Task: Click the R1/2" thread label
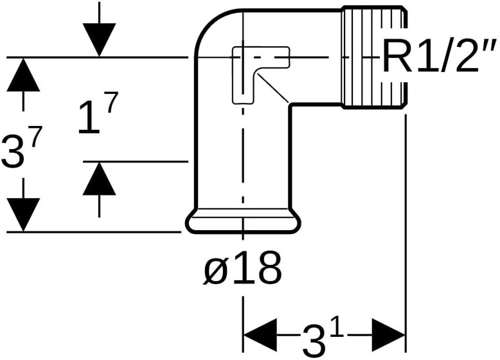[440, 59]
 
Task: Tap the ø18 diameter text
[242, 269]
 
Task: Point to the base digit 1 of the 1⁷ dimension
[88, 120]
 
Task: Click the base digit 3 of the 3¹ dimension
[313, 339]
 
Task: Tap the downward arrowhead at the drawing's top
[99, 40]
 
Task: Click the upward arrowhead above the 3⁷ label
[23, 73]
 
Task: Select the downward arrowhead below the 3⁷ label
[23, 214]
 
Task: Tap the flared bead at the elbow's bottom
[242, 222]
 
